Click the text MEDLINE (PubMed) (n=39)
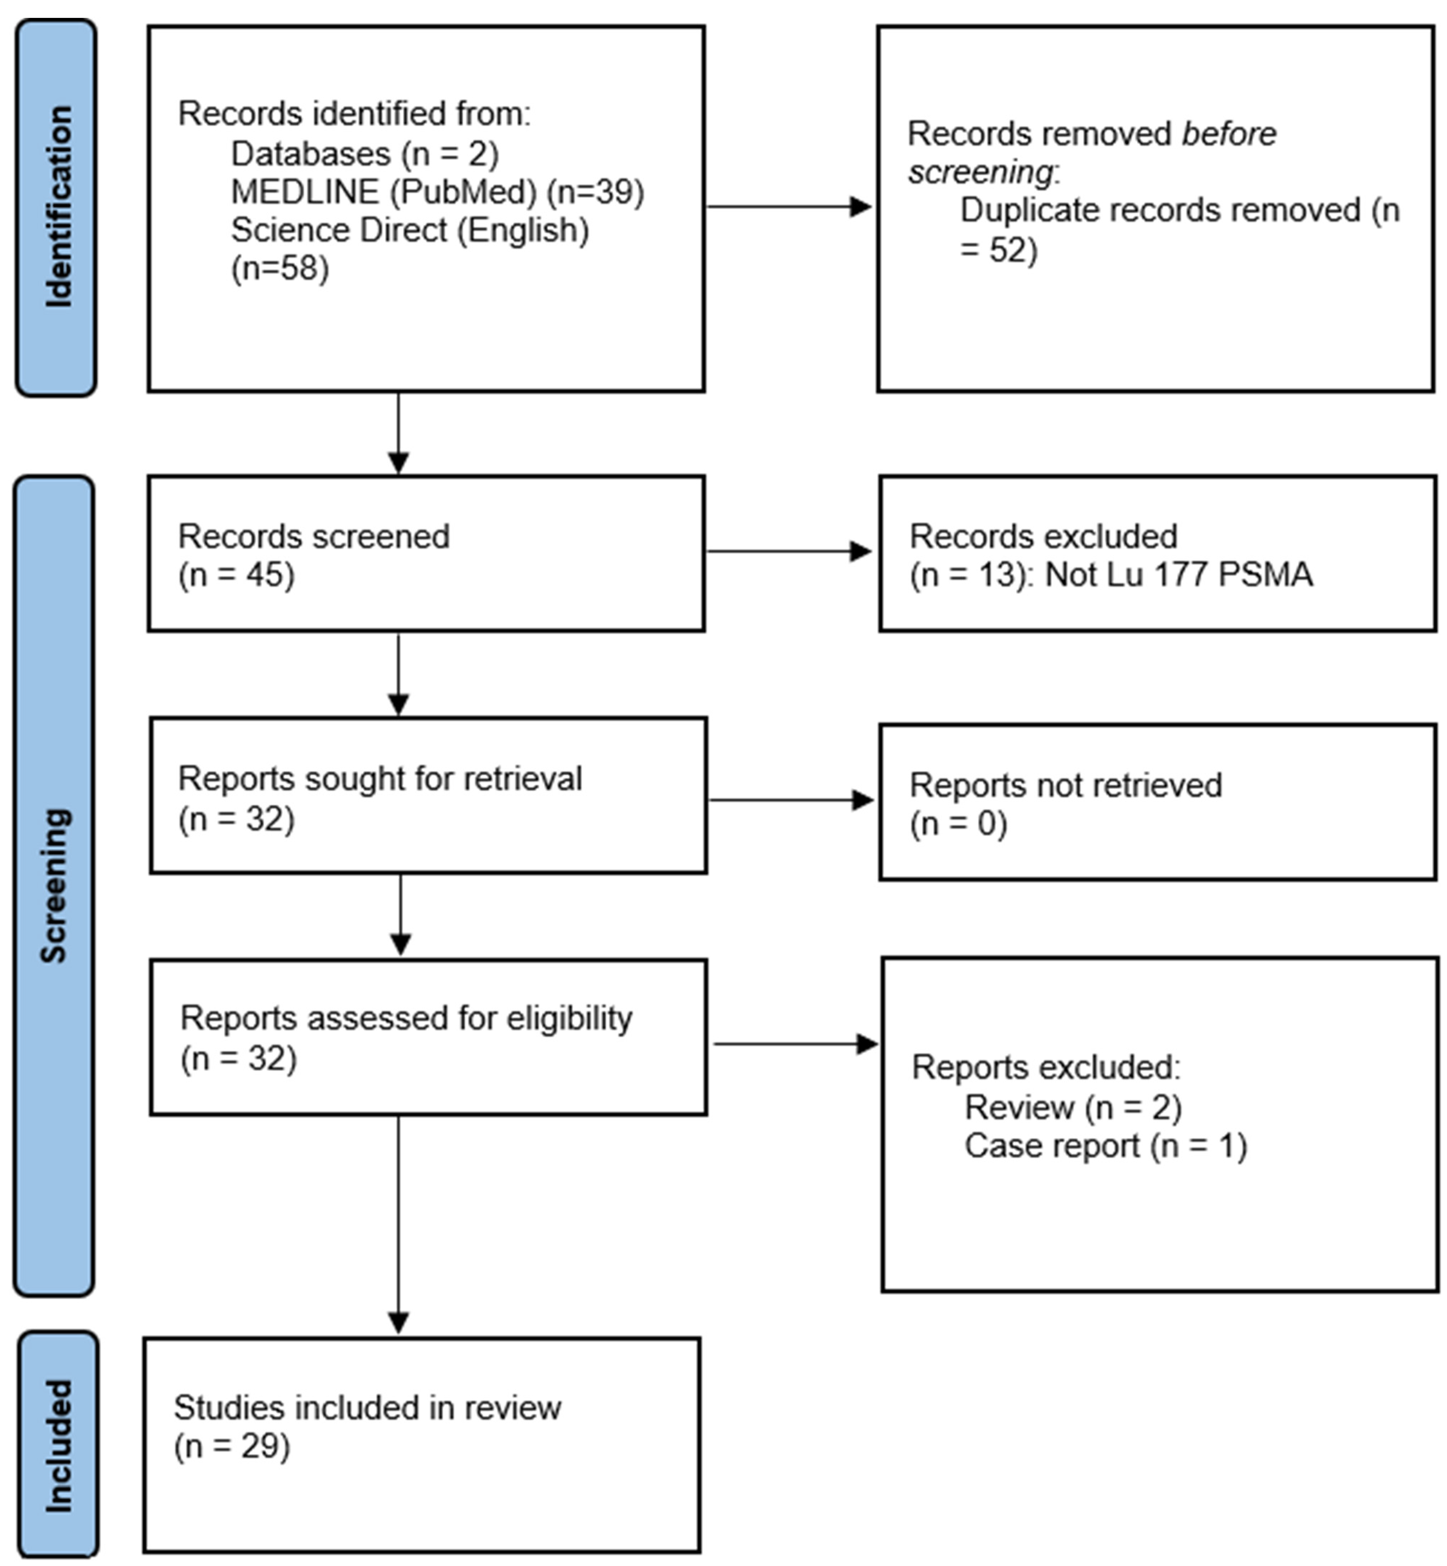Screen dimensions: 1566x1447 (x=437, y=192)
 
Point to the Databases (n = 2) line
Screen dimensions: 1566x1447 (x=364, y=154)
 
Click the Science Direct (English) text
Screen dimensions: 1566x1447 (x=410, y=230)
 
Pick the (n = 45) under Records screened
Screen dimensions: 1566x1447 (x=237, y=575)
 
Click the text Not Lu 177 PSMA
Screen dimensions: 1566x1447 (x=1179, y=575)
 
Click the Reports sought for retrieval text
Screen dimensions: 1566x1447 (x=380, y=779)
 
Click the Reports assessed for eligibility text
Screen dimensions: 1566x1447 (x=406, y=1018)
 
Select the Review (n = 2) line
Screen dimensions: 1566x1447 (x=1073, y=1107)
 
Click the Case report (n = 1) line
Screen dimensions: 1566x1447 (x=1105, y=1145)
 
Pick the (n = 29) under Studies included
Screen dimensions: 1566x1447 (x=232, y=1446)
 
